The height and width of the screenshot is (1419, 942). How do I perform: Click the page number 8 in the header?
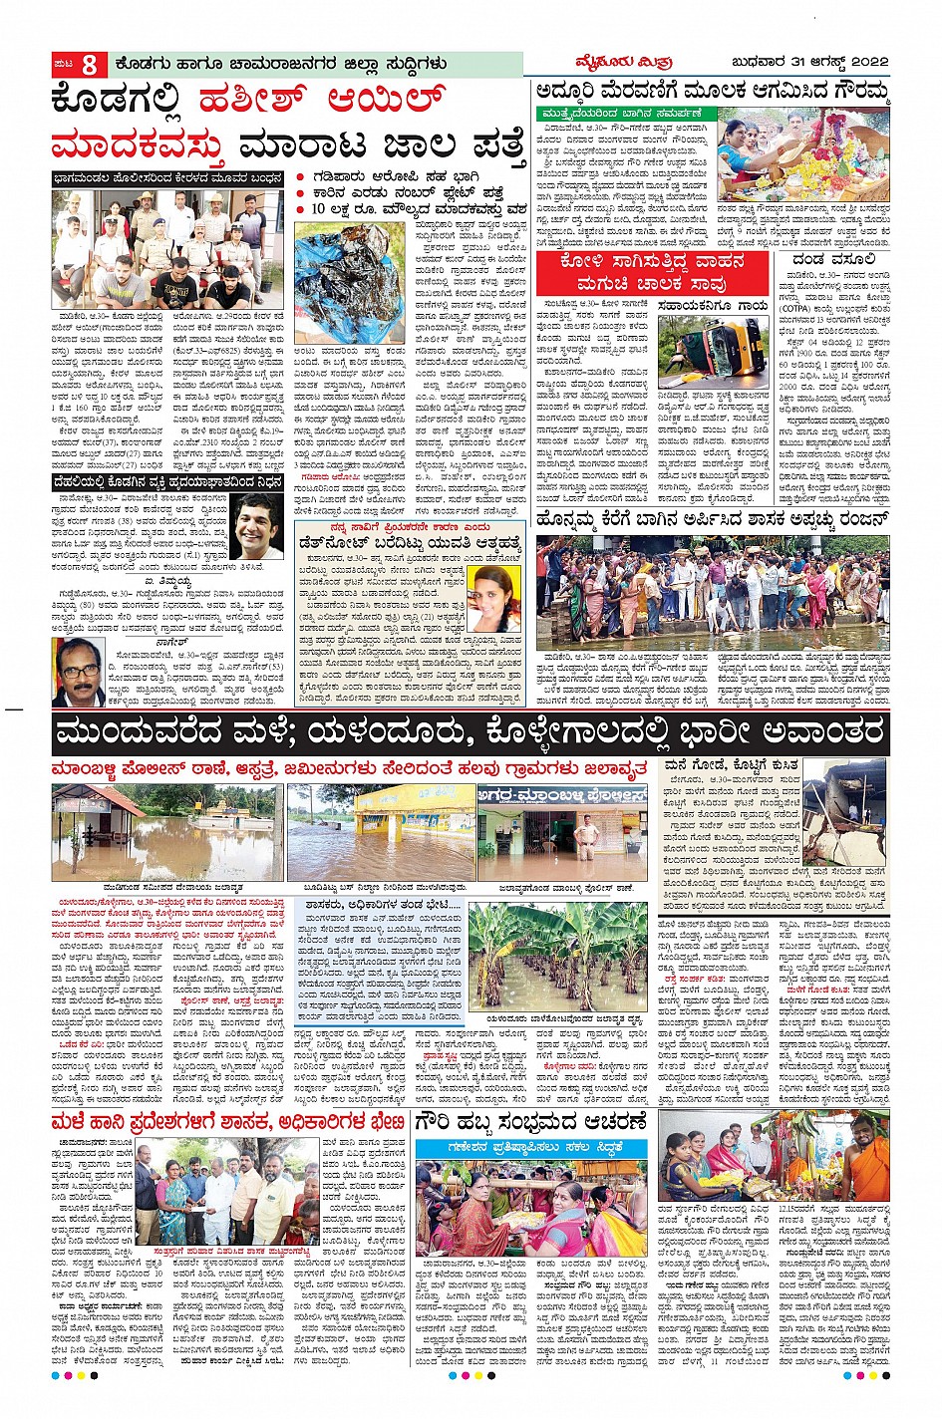point(90,64)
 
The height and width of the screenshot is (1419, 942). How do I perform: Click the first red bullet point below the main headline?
point(301,177)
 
